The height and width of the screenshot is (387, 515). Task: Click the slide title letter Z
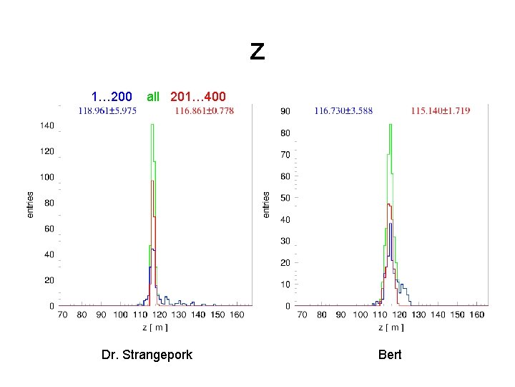pos(257,52)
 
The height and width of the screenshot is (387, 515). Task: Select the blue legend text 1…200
pos(111,96)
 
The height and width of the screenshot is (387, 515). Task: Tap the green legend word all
pos(153,96)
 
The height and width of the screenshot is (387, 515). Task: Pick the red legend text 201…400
pos(198,96)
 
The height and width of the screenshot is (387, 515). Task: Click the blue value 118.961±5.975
pos(107,110)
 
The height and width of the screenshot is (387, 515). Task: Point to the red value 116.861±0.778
pos(204,110)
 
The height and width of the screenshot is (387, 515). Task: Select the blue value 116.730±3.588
pos(343,111)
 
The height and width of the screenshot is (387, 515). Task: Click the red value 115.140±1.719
pos(440,111)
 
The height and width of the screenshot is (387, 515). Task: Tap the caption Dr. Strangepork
pos(147,355)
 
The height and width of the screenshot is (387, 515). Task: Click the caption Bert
pos(390,355)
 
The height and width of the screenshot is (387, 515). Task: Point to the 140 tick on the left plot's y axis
pos(46,125)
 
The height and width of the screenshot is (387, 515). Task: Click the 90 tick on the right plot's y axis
pos(285,112)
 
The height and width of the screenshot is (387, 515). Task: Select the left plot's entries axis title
pos(30,204)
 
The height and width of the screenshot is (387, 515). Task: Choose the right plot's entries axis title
pos(266,204)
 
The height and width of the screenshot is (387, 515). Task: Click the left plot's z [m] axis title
pos(155,328)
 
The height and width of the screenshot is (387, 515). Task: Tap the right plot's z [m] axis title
pos(391,328)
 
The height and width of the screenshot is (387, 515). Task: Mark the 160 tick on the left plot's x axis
pos(237,315)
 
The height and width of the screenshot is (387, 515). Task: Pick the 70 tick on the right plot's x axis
pos(303,315)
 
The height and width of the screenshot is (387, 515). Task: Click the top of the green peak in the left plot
pos(152,125)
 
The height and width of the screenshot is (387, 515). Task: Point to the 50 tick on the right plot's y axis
pos(285,198)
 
